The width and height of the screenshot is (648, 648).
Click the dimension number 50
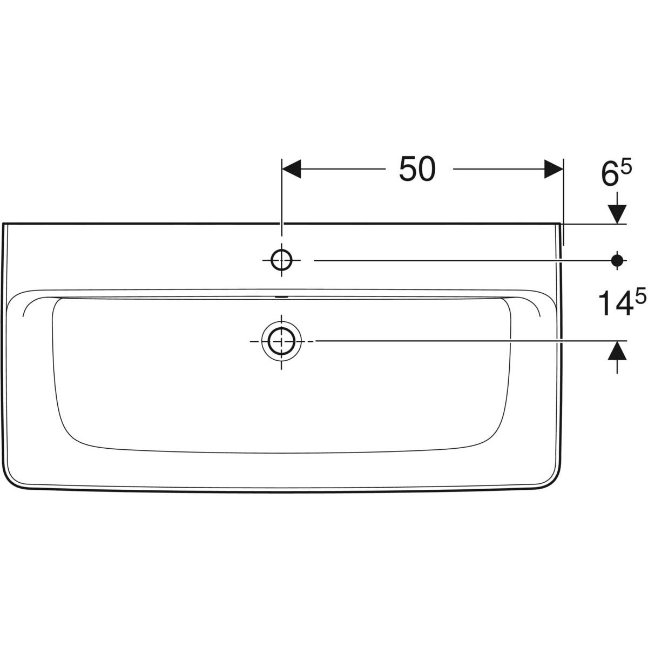tap(417, 169)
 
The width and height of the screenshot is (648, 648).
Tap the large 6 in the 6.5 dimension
tap(609, 174)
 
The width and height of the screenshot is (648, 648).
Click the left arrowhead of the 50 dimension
tap(291, 169)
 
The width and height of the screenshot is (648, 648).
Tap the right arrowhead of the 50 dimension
tap(553, 169)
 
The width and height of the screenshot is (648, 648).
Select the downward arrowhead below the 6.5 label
tap(617, 214)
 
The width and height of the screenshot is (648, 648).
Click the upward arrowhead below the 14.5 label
tap(617, 351)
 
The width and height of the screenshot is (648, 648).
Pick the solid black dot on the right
tap(617, 260)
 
